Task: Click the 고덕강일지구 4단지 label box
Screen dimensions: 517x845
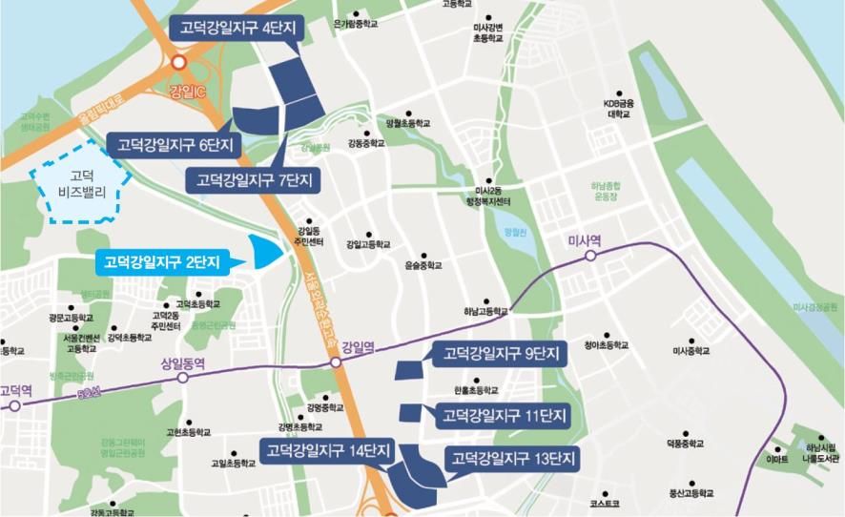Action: point(236,29)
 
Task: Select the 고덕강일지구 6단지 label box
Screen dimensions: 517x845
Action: point(174,145)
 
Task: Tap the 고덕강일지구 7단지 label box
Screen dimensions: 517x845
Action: point(254,179)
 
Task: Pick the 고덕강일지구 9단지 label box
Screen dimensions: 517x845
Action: point(501,354)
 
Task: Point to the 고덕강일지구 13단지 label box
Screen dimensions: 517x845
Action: point(512,460)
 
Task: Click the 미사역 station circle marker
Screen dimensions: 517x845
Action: point(591,256)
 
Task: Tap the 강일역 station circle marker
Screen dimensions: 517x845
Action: point(336,364)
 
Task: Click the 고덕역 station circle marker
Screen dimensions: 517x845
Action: point(14,405)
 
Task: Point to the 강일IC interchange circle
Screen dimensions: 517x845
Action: point(178,63)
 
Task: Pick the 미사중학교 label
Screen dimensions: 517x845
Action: point(691,351)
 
